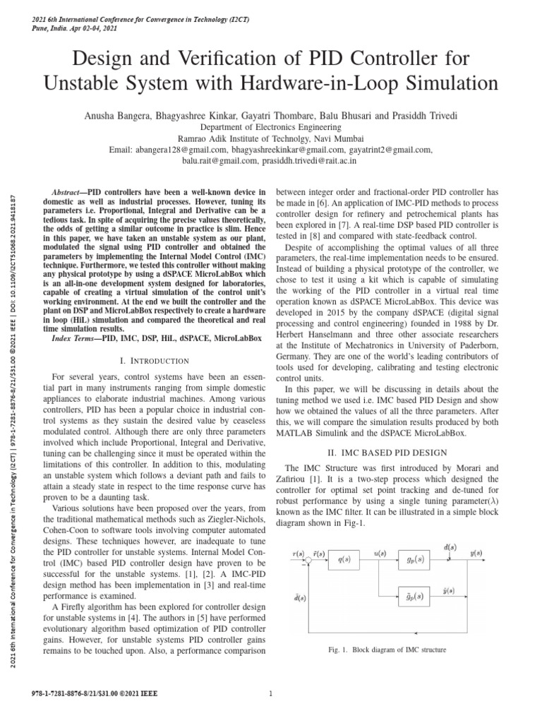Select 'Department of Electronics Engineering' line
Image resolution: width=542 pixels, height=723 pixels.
[x=270, y=127]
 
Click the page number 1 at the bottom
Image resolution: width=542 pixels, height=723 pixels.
[x=270, y=693]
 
